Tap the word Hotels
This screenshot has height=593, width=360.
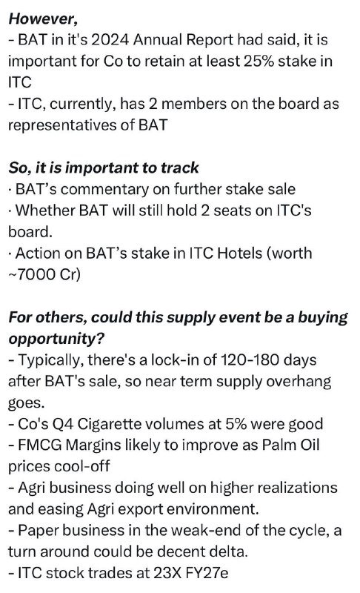coord(239,253)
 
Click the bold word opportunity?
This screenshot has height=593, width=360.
coord(56,339)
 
